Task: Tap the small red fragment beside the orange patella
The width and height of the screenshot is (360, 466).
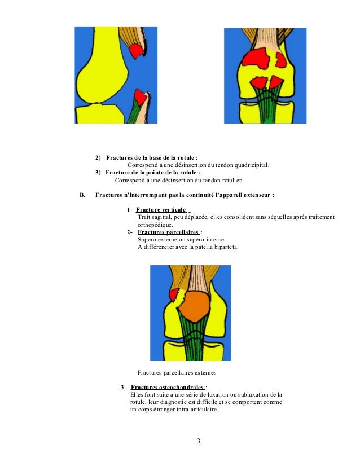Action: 175,294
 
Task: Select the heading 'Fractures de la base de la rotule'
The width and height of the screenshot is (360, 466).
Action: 151,157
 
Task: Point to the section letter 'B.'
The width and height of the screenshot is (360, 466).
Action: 81,195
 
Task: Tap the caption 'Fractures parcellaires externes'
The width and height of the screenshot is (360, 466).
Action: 177,372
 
